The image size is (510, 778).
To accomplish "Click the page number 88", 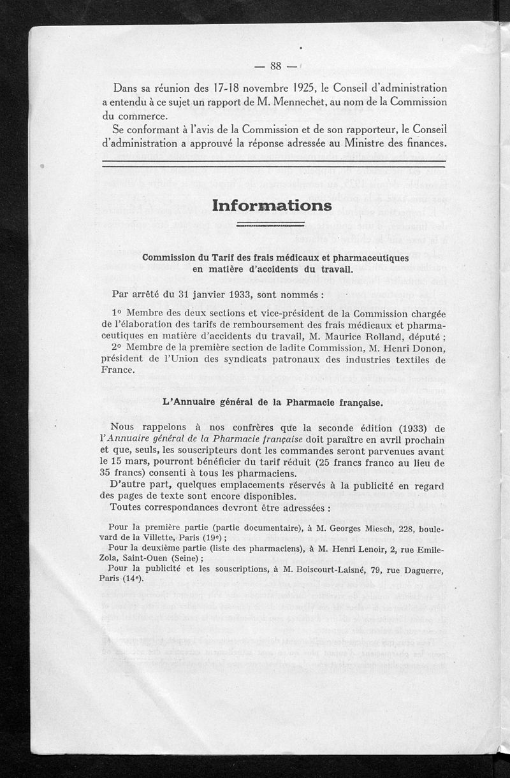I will coord(276,66).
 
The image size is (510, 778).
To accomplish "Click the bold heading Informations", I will coord(272,206).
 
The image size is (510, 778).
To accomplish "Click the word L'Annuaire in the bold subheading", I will coord(189,402).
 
